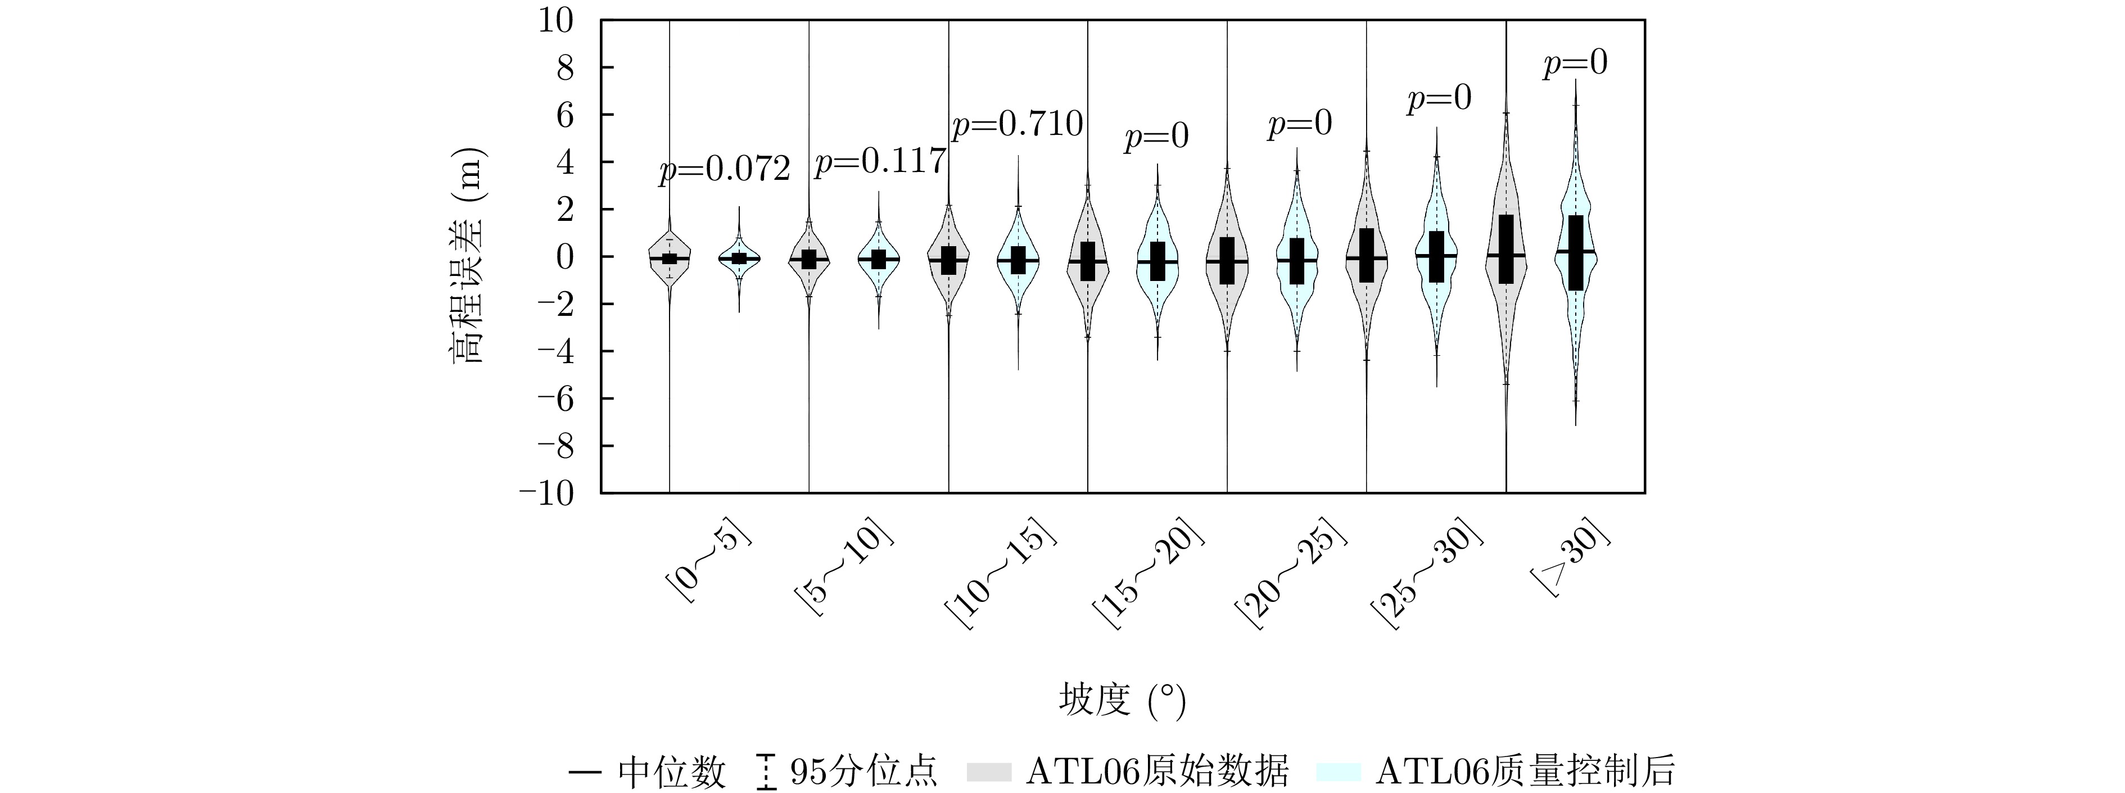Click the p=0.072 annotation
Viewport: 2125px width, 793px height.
[724, 170]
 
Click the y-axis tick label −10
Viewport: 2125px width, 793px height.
[545, 493]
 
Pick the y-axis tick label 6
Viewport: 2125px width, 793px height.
[564, 115]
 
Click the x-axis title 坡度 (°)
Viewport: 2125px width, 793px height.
[1122, 701]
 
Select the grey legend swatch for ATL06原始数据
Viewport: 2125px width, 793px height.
[988, 772]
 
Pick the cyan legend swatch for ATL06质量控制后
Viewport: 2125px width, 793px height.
[1338, 772]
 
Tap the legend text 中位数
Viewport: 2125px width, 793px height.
[671, 772]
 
